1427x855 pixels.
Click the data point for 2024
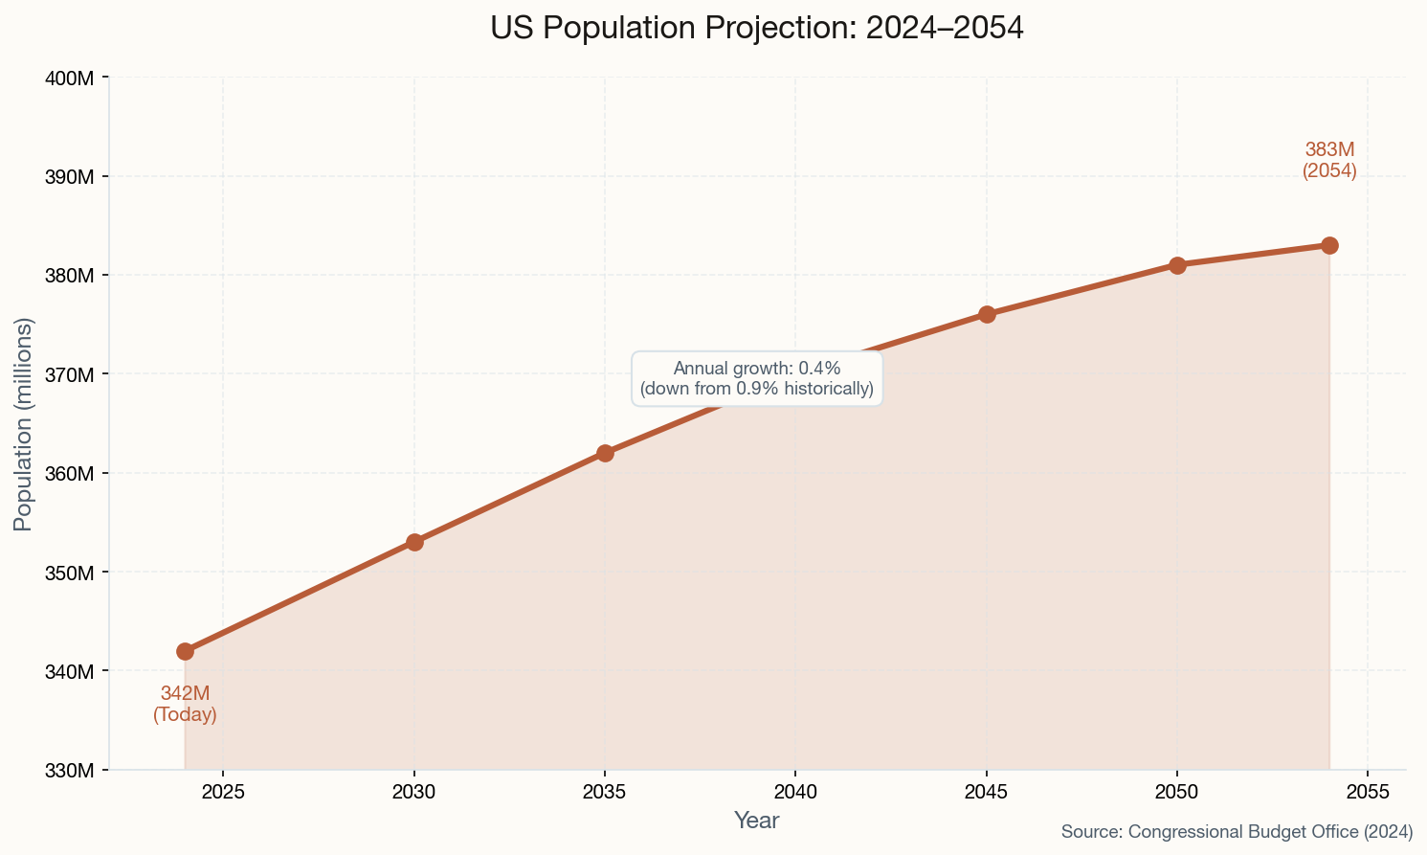(x=185, y=651)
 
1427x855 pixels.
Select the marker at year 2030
(x=414, y=542)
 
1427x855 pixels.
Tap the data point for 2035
(x=605, y=453)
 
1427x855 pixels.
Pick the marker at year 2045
(x=987, y=314)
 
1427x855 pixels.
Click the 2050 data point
(x=1177, y=265)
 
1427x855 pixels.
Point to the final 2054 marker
(x=1329, y=245)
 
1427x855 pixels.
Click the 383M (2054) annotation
(x=1329, y=161)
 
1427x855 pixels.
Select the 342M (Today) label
(x=185, y=704)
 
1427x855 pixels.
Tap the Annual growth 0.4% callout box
(x=756, y=378)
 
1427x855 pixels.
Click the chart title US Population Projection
(x=756, y=28)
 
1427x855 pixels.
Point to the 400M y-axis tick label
(x=70, y=78)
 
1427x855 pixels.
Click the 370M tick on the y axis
(x=70, y=374)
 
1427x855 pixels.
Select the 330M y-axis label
(x=70, y=770)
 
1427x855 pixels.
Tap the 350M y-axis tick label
(x=70, y=573)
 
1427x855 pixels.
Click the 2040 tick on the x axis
(x=794, y=792)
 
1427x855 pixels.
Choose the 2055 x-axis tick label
(x=1367, y=792)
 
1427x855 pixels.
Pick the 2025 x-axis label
(x=223, y=792)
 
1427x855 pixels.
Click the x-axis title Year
(x=756, y=821)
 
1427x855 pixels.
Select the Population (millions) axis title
(x=23, y=423)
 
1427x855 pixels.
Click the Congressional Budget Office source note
(x=1237, y=832)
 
